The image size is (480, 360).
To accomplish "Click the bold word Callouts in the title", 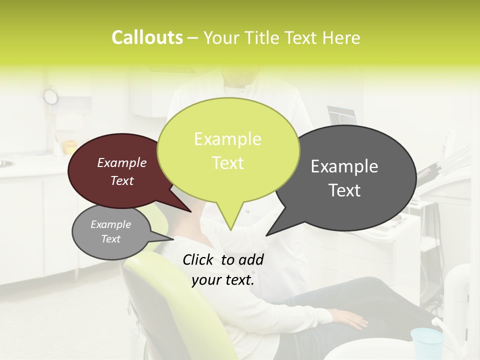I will click(147, 37).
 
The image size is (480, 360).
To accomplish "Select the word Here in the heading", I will click(341, 37).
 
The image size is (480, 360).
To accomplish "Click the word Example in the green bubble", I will click(227, 139).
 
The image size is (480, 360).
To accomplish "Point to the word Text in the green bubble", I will click(227, 163).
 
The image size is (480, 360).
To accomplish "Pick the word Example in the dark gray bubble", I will click(344, 166).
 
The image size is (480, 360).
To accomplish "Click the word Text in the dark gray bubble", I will click(345, 190).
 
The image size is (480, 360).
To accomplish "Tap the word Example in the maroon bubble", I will click(121, 162).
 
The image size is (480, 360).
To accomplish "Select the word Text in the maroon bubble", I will click(121, 180).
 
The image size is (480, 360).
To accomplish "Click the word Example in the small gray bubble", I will click(110, 224).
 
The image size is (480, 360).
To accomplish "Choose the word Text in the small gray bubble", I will click(110, 239).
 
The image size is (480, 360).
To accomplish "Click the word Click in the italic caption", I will click(199, 259).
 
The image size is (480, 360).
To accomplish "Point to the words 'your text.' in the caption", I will click(223, 280).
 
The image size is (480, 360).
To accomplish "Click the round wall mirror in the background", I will click(50, 96).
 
